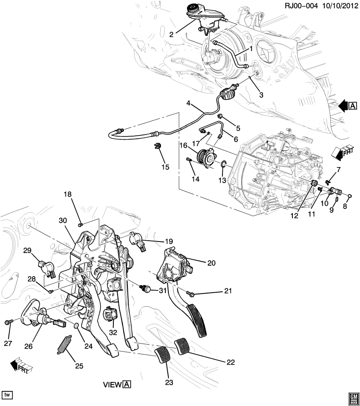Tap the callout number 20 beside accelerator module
click(212, 263)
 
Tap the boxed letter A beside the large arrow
click(353, 106)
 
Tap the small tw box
click(7, 395)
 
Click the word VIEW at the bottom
click(113, 385)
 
